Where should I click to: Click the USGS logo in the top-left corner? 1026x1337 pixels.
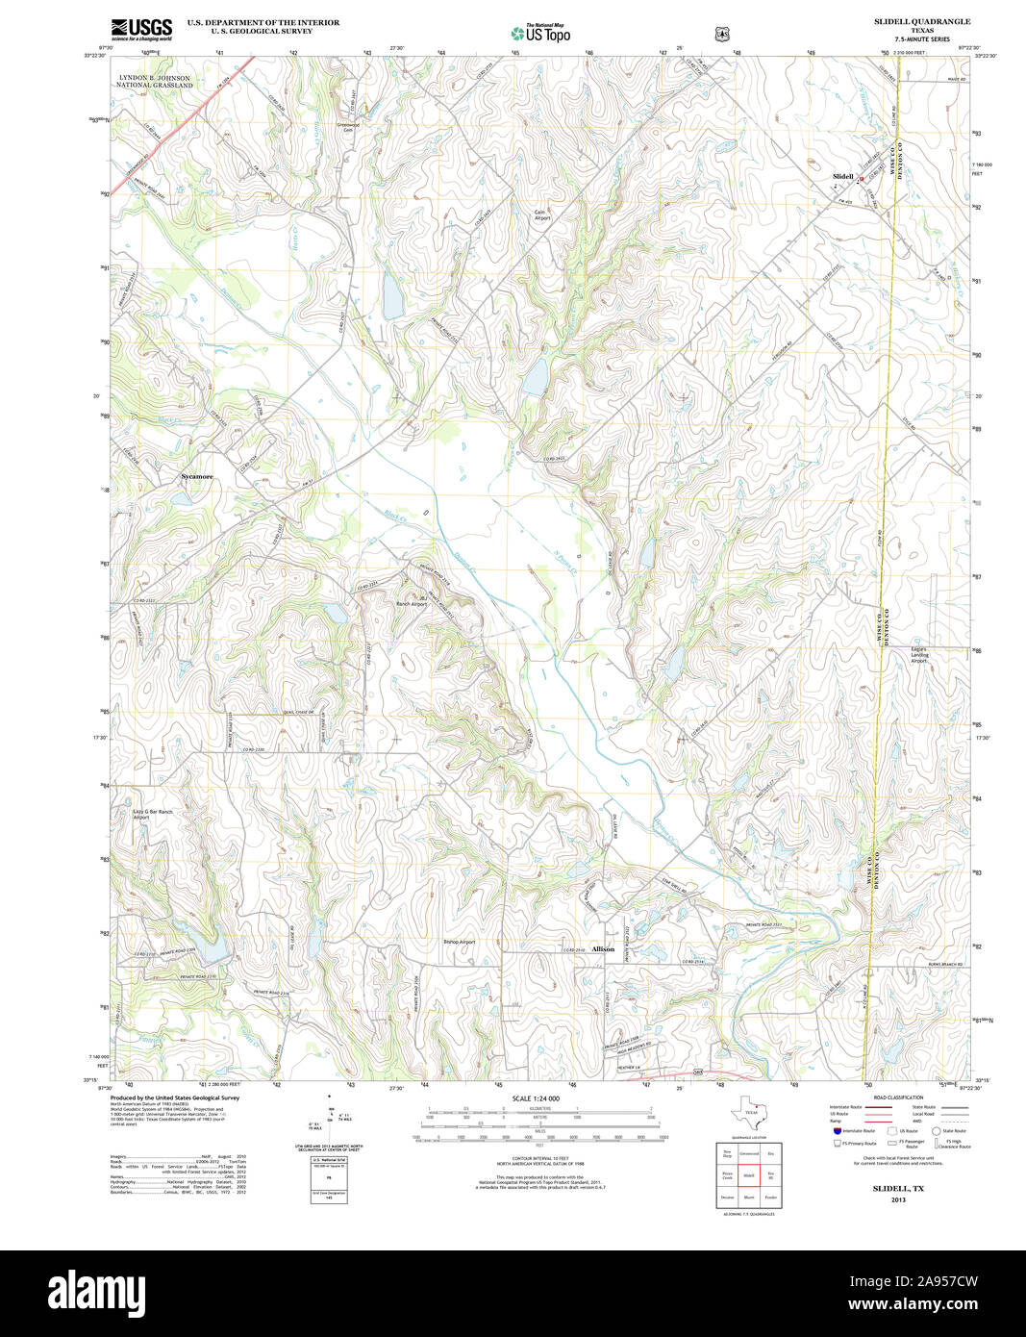pyautogui.click(x=141, y=28)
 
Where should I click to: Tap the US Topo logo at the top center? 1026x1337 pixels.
pyautogui.click(x=540, y=33)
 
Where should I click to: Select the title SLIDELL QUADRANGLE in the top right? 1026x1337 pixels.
pyautogui.click(x=922, y=21)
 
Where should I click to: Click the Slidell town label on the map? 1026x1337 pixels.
pyautogui.click(x=842, y=177)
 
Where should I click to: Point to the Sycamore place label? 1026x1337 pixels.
pyautogui.click(x=197, y=476)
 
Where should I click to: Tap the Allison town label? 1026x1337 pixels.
pyautogui.click(x=603, y=949)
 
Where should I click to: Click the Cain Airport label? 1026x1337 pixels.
pyautogui.click(x=543, y=215)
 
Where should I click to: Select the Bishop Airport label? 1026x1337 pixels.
pyautogui.click(x=460, y=942)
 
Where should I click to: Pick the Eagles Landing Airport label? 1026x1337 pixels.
pyautogui.click(x=920, y=655)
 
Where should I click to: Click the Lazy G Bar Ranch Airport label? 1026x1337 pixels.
pyautogui.click(x=153, y=815)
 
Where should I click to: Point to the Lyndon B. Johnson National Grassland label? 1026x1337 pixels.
pyautogui.click(x=155, y=81)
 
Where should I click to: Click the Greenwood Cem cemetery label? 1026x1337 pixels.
pyautogui.click(x=348, y=127)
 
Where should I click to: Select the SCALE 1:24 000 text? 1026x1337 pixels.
pyautogui.click(x=536, y=1098)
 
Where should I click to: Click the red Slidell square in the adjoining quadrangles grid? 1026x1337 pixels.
pyautogui.click(x=749, y=1175)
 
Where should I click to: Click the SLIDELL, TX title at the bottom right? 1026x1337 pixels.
pyautogui.click(x=898, y=1189)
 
